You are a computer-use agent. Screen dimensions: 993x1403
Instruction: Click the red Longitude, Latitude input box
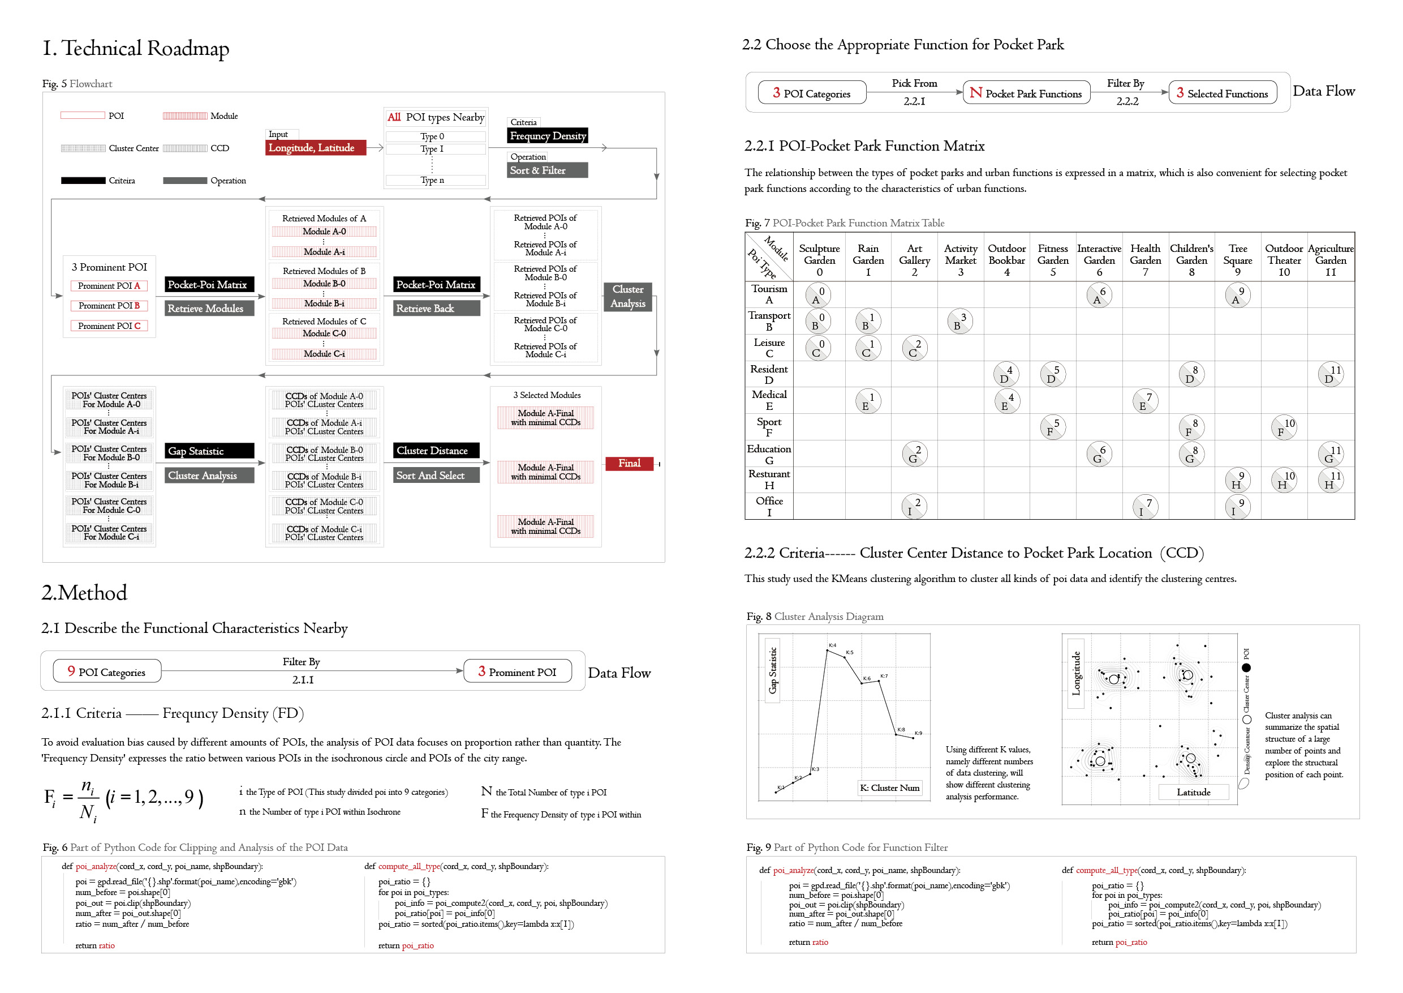[315, 147]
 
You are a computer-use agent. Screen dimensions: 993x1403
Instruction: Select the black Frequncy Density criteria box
[548, 136]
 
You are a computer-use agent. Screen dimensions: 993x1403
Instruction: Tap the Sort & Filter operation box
[548, 170]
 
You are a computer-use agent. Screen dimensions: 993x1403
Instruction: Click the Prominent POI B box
[109, 306]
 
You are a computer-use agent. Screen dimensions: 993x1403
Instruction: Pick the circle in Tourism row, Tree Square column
[1237, 295]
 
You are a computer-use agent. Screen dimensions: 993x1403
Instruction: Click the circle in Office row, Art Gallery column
[914, 506]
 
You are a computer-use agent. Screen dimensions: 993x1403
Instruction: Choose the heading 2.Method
[84, 593]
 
